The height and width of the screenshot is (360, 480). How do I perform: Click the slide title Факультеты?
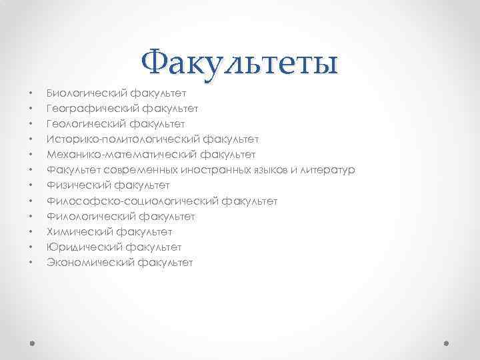240,64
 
